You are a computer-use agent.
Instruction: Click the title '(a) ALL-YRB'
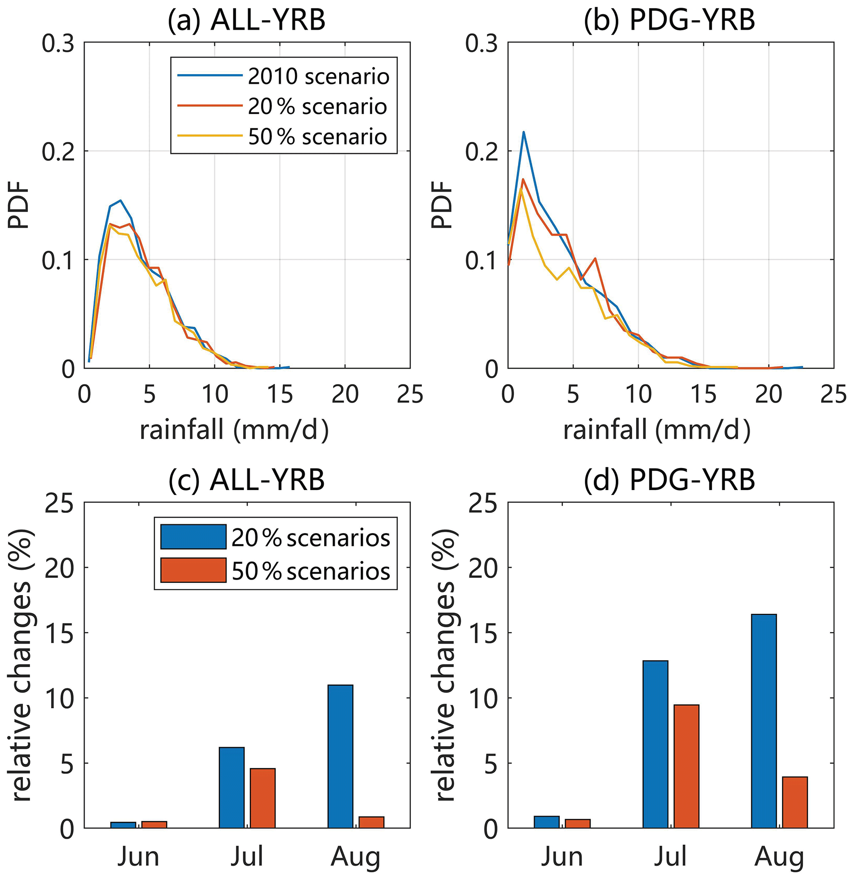247,20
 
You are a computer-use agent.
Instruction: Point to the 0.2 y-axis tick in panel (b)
481,151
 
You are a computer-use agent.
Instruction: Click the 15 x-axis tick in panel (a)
280,395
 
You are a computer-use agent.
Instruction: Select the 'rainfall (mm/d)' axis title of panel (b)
656,430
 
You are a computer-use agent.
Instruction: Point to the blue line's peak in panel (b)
524,132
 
